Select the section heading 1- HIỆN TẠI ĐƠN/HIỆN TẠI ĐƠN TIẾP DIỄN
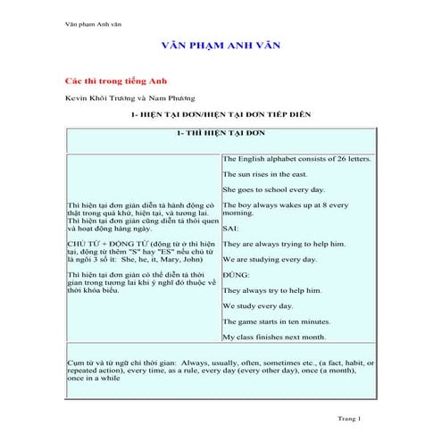click(221, 115)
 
